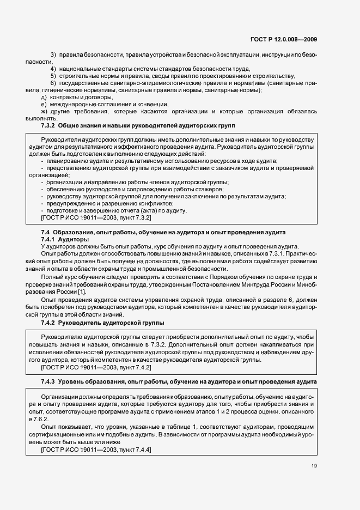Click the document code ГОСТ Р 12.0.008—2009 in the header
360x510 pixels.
(288, 39)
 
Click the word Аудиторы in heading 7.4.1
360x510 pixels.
(73, 239)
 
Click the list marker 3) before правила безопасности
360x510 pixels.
(53, 56)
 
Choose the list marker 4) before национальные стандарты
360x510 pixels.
(53, 69)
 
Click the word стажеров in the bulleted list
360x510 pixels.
(170, 189)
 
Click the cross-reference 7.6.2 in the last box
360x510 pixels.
(48, 420)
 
